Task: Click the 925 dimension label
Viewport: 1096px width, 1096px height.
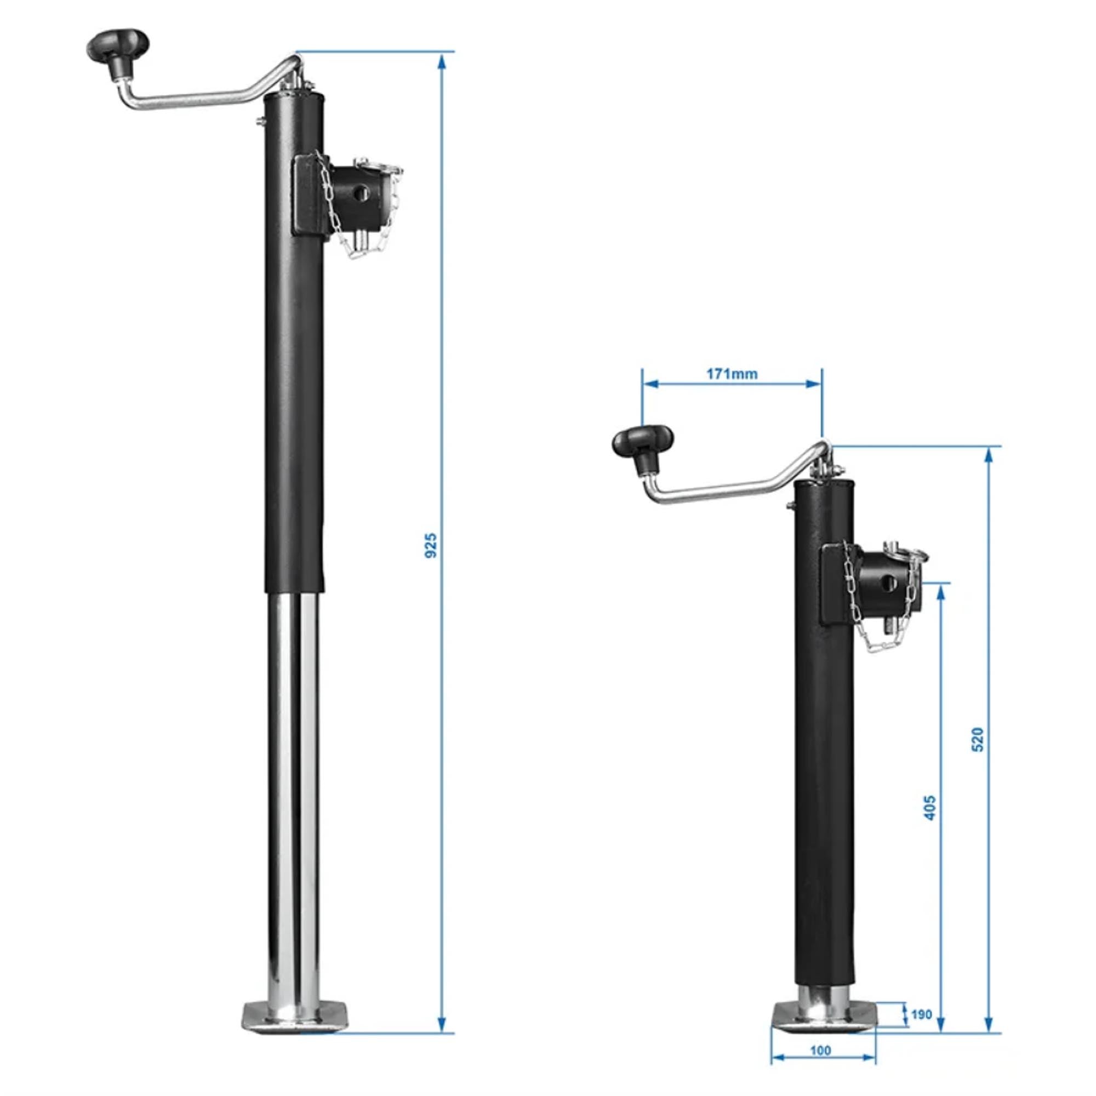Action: click(x=431, y=545)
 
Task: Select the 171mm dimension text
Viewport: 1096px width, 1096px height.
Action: click(x=731, y=374)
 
